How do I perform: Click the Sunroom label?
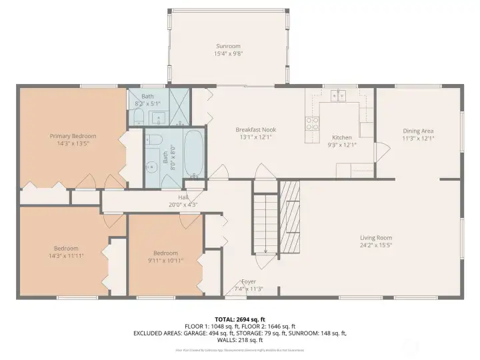(x=227, y=47)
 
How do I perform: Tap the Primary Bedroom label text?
(x=73, y=136)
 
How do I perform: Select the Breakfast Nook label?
(x=255, y=129)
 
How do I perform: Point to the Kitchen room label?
(x=341, y=137)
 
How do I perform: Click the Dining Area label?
(x=418, y=131)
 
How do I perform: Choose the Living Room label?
(x=376, y=237)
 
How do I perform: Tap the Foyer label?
(x=248, y=281)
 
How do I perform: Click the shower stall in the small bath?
(x=177, y=107)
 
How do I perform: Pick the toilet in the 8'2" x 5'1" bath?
(x=137, y=117)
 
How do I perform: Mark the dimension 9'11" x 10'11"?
(x=165, y=260)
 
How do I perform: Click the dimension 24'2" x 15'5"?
(x=376, y=245)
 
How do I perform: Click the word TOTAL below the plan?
(x=227, y=319)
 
